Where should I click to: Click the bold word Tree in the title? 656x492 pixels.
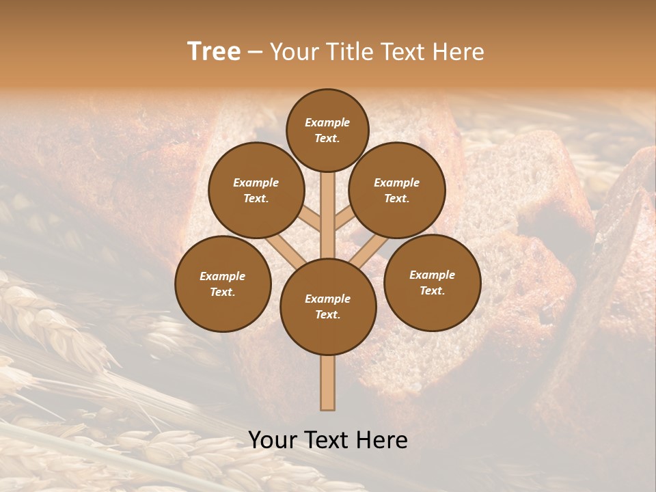coord(214,51)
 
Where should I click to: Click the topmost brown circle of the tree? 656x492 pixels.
coord(327,130)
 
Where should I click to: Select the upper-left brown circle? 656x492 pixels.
coord(256,190)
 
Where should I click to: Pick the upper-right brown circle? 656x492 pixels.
coord(397,190)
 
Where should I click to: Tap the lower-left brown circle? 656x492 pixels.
coord(223,284)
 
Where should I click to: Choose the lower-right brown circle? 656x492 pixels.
coord(433,282)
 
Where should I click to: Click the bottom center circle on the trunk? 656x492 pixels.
coord(328,306)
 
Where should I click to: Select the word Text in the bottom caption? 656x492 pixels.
coord(331,440)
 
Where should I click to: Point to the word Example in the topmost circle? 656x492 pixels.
coord(327,122)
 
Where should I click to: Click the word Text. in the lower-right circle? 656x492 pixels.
coord(433,290)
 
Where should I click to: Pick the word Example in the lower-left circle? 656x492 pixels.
coord(223,276)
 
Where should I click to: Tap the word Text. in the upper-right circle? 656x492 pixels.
coord(397,198)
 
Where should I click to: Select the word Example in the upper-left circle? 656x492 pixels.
coord(256,182)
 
